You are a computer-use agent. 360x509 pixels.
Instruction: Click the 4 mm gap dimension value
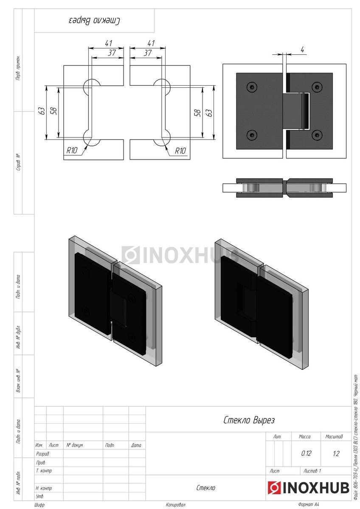tap(302, 50)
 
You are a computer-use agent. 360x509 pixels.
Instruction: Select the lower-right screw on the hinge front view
tap(317, 135)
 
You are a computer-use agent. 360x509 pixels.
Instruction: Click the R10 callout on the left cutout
tap(72, 150)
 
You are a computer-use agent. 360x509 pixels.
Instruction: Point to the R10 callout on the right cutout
tap(180, 151)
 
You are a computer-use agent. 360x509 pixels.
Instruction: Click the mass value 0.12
tap(306, 453)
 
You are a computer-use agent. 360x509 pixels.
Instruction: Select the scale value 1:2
tap(336, 453)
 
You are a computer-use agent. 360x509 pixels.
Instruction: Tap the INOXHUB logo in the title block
tap(308, 487)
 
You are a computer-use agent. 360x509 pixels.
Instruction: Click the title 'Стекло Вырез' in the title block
tap(249, 420)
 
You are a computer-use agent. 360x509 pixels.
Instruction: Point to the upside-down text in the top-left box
tap(94, 21)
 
